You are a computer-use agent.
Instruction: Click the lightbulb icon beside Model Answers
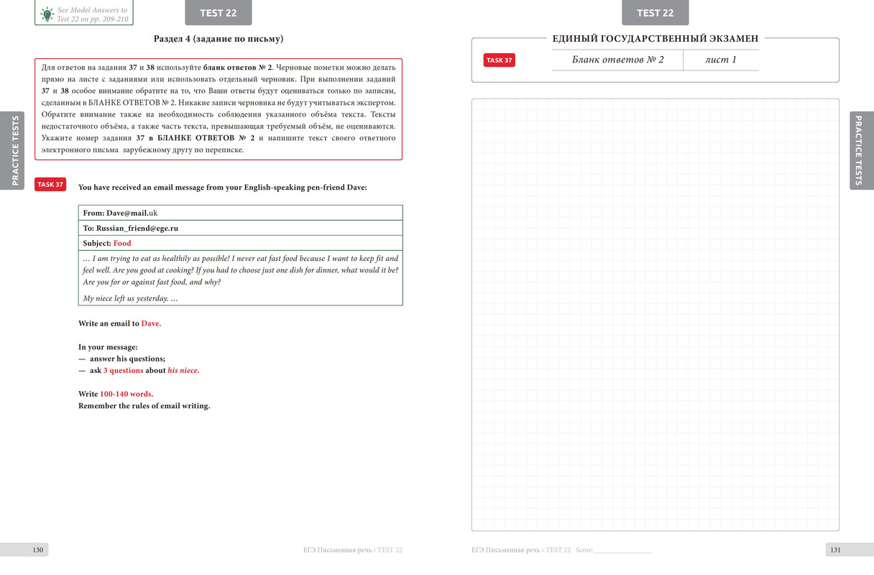(47, 14)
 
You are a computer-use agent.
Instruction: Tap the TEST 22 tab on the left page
(218, 13)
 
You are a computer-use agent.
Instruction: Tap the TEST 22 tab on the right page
(655, 13)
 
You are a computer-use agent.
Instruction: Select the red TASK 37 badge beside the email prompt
(50, 185)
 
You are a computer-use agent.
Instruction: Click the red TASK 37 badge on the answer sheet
(499, 60)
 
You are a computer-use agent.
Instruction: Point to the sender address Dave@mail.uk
(132, 213)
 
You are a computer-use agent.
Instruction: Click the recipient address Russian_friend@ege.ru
(137, 228)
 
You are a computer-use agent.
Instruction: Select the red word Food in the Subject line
(122, 243)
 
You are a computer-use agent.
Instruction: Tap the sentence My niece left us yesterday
(130, 298)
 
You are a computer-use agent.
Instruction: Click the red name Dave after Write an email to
(151, 323)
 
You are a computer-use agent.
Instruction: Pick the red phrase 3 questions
(123, 371)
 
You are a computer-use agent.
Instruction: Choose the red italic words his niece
(183, 371)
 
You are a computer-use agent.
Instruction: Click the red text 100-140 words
(126, 394)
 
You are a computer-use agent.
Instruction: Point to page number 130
(38, 550)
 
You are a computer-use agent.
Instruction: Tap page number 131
(835, 550)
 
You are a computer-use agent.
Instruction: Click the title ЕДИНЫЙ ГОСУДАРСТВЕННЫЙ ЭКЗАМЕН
(655, 38)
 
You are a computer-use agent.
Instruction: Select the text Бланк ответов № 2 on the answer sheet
(617, 60)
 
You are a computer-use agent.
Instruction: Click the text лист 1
(720, 60)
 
